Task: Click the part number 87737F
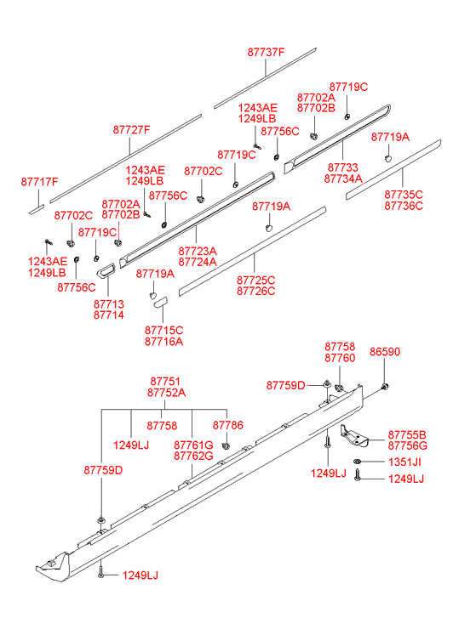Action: [x=266, y=52]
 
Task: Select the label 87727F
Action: [x=131, y=130]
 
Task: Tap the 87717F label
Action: [x=39, y=182]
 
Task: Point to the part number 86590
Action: [x=385, y=352]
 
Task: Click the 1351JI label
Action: [x=404, y=462]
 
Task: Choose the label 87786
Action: [x=228, y=425]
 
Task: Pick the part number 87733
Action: [x=343, y=167]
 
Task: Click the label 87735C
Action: [x=404, y=195]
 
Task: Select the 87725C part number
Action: [x=256, y=280]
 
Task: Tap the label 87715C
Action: [x=163, y=331]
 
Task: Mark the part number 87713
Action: [x=109, y=303]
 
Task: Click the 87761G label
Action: [x=193, y=445]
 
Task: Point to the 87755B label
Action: [x=407, y=434]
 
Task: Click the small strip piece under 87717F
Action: [x=37, y=209]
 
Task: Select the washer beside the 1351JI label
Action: [x=358, y=461]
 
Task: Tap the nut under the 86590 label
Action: [x=385, y=387]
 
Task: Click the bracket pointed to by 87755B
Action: [x=354, y=436]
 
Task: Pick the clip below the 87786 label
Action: [x=226, y=445]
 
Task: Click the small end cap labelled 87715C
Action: [x=161, y=302]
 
